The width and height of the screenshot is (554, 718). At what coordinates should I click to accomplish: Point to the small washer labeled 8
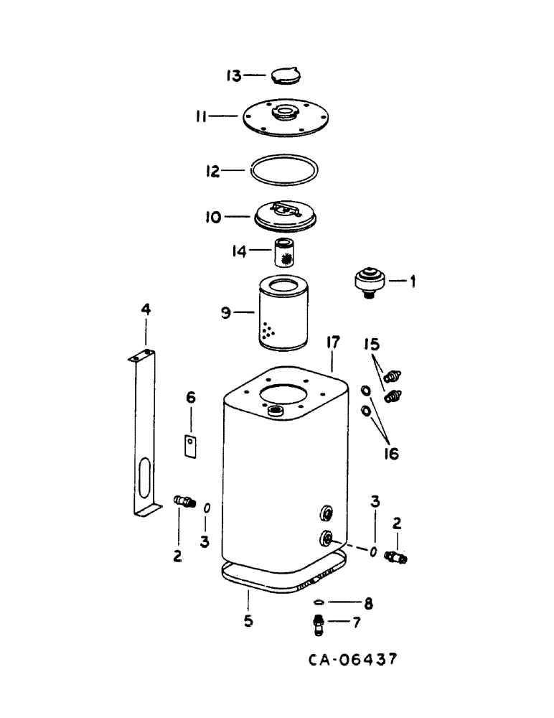[x=320, y=602]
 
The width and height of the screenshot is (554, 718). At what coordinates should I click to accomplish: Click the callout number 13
[x=233, y=75]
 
